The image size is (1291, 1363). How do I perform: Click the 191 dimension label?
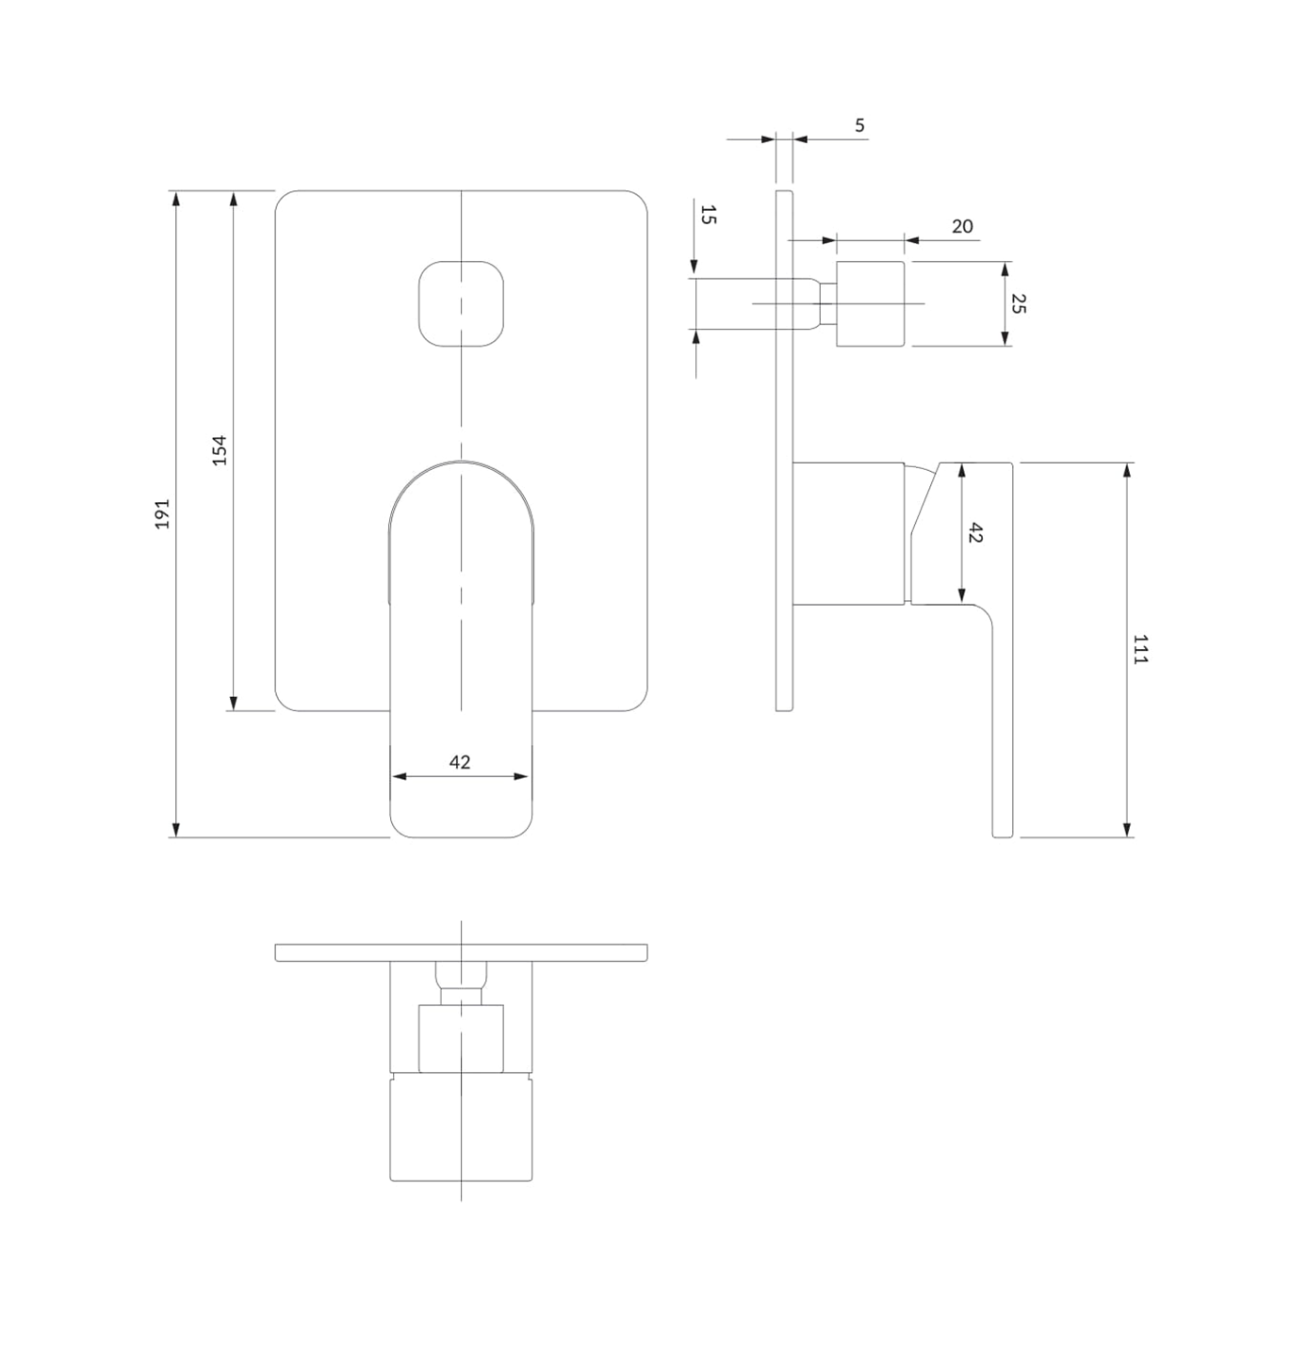162,513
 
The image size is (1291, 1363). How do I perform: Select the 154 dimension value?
220,450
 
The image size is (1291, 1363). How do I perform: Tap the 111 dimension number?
1140,649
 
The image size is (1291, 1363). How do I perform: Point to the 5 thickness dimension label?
859,125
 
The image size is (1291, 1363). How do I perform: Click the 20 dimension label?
962,226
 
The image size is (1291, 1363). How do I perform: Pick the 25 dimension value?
1018,303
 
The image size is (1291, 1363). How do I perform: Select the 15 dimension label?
708,214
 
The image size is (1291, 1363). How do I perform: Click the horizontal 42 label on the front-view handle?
460,762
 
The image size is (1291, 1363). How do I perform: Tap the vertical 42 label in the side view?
974,532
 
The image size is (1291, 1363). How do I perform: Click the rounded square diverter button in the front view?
461,303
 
